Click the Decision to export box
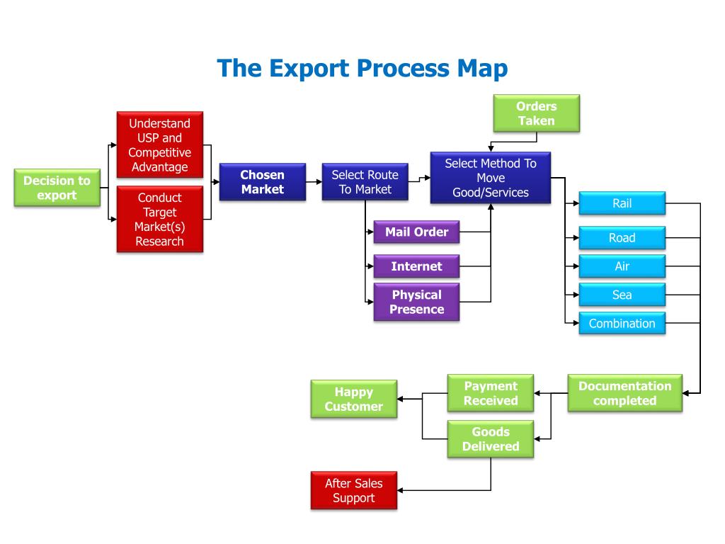click(57, 187)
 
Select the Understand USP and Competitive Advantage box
click(160, 144)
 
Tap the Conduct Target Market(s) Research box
click(160, 220)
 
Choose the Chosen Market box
click(263, 182)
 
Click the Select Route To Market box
click(365, 182)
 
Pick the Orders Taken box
click(537, 113)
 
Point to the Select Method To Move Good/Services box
click(491, 178)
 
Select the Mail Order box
click(416, 232)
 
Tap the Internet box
click(416, 266)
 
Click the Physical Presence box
click(416, 302)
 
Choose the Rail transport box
click(622, 203)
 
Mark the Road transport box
click(622, 238)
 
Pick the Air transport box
click(622, 266)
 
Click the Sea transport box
click(622, 295)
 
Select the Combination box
click(622, 323)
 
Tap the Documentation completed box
click(625, 393)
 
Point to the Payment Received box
click(491, 393)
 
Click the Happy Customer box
click(354, 399)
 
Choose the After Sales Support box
click(354, 490)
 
